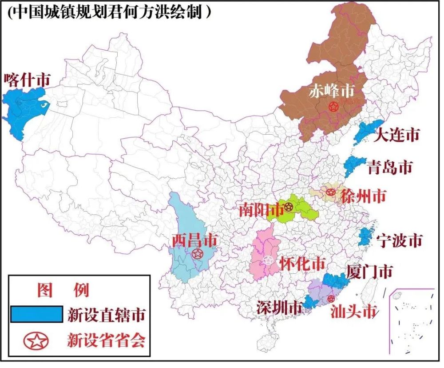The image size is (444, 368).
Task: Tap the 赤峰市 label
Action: click(332, 91)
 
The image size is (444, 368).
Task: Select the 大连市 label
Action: click(396, 135)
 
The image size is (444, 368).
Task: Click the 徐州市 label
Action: click(363, 196)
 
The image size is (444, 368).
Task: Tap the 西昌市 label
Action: click(194, 241)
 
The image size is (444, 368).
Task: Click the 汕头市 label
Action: click(354, 312)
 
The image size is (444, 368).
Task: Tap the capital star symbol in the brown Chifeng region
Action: click(333, 107)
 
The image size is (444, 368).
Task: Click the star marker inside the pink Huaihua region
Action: click(268, 261)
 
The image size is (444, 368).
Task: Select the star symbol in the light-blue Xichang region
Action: click(197, 254)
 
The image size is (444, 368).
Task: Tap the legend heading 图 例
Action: click(63, 290)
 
